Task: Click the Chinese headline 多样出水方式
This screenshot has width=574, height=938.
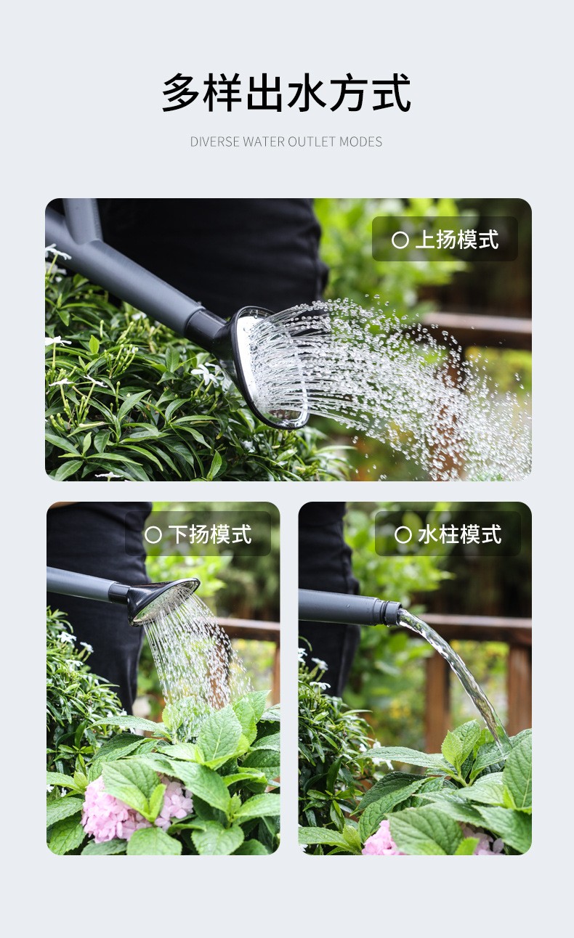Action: (x=286, y=92)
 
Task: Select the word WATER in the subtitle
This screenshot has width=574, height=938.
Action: (x=264, y=142)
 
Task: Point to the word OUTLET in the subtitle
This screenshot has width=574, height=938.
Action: (x=312, y=142)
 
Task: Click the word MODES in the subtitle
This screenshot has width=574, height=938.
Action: (x=360, y=142)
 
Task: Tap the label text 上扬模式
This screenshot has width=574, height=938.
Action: (x=457, y=240)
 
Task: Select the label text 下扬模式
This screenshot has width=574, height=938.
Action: (x=210, y=534)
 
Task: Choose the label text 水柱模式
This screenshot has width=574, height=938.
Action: (x=460, y=534)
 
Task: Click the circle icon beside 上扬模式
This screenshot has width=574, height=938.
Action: (x=400, y=240)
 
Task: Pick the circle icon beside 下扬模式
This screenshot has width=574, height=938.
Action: (x=153, y=535)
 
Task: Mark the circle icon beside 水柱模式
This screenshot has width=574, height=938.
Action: (x=403, y=535)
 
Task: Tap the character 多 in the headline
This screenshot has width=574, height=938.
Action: (x=181, y=92)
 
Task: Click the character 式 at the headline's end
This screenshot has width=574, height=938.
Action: (x=392, y=92)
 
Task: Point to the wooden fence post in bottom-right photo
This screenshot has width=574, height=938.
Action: (x=437, y=703)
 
